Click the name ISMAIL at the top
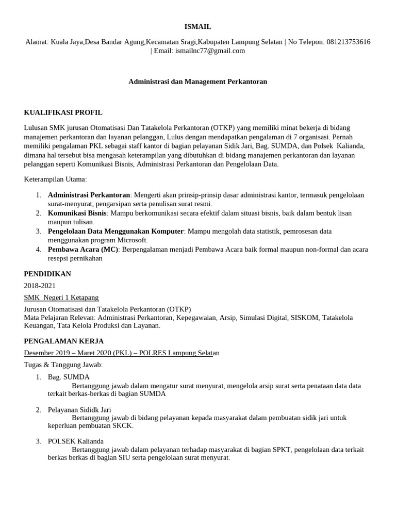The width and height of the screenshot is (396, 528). pos(198,26)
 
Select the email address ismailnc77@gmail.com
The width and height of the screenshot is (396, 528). pos(210,51)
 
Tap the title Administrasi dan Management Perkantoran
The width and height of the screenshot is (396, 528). pos(197,81)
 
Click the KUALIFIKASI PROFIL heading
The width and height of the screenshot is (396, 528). pos(63,112)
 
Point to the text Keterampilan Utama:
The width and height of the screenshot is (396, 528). pos(56,179)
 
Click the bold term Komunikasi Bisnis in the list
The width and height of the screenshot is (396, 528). pos(77,212)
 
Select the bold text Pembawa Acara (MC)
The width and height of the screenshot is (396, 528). pos(83,249)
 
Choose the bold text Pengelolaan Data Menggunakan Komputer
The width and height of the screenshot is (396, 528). pos(115,231)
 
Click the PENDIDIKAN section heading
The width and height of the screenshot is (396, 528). pos(47,274)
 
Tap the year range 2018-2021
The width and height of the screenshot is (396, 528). pos(40,286)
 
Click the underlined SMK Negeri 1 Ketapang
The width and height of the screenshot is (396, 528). pos(61,298)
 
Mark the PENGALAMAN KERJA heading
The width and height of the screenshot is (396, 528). pos(64,341)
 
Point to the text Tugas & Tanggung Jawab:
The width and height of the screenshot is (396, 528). pos(63,365)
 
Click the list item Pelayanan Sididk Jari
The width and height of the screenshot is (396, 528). pos(79,409)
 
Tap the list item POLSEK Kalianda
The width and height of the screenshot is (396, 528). pos(76,441)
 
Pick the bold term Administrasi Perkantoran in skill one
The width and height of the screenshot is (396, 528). pos(89,195)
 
